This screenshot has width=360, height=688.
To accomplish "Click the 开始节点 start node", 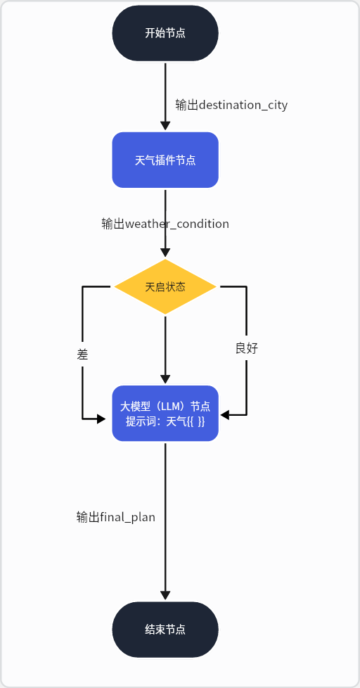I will (165, 33).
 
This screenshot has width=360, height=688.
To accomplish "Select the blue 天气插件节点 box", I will (165, 160).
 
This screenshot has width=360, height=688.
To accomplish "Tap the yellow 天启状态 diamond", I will (165, 287).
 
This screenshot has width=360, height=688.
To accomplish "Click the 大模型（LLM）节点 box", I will (165, 413).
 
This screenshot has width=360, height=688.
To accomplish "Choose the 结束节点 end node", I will (165, 630).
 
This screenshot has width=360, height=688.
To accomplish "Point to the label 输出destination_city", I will (231, 105).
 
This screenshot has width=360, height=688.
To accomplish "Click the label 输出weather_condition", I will (165, 224).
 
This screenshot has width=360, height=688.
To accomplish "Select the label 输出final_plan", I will (116, 517).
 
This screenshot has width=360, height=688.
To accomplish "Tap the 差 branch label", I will (82, 355).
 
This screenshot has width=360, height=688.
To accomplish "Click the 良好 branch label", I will (247, 348).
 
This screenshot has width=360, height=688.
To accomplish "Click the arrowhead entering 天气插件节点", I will (165, 126).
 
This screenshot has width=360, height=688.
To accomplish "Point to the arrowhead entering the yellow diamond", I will (165, 253).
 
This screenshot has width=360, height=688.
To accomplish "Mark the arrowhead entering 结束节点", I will (165, 595).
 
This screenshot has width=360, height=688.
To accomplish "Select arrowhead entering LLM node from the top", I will (165, 379).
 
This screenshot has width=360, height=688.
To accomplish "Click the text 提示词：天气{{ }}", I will (165, 421).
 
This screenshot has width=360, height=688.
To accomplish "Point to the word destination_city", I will (243, 105).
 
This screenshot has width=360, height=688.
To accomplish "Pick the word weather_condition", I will (177, 224).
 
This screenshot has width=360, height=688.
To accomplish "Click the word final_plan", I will (127, 517).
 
